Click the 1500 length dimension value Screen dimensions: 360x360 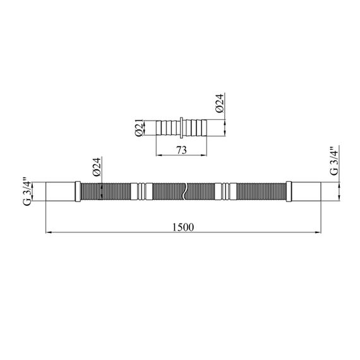(183, 227)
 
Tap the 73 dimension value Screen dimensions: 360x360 (181, 150)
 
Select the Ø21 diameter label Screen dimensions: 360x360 (139, 128)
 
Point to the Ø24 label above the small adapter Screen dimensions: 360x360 (220, 104)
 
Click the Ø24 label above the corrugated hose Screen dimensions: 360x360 (97, 167)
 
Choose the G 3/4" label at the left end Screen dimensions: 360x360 (27, 191)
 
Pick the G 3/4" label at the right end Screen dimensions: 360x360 (334, 161)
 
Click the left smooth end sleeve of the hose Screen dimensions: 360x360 (61, 192)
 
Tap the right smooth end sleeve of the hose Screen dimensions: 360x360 (306, 192)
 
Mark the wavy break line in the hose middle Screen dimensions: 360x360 (186, 192)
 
